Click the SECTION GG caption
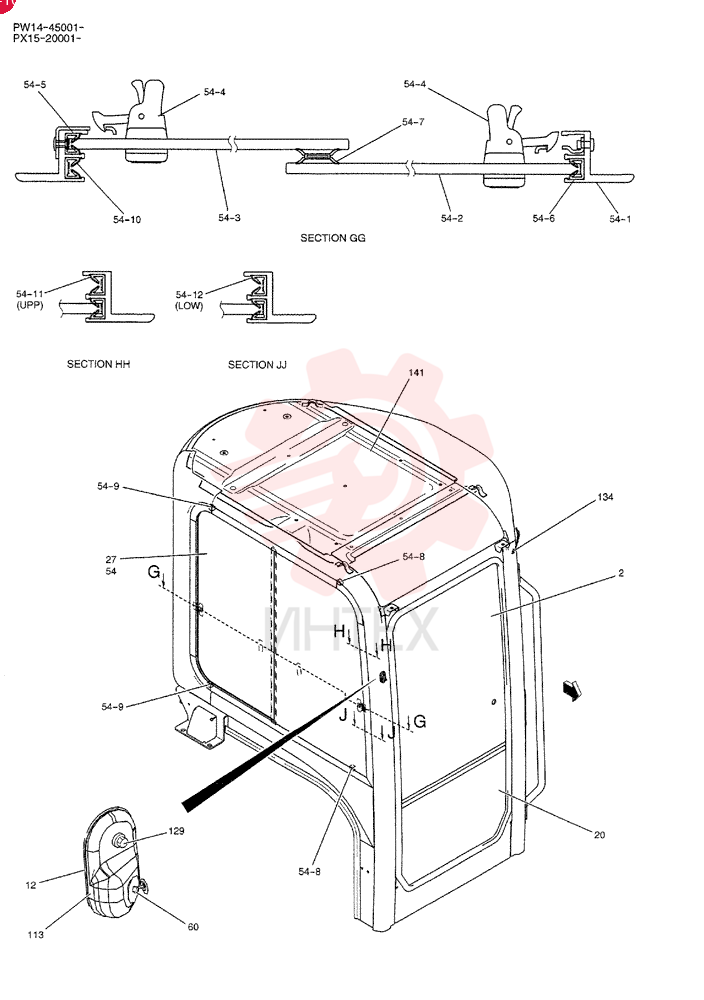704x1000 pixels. (x=333, y=238)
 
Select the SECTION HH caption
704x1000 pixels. (x=98, y=364)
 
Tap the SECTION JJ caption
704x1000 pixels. (x=257, y=365)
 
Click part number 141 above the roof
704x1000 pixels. (x=416, y=372)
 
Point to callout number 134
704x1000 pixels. (x=605, y=497)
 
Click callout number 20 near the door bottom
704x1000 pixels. (x=599, y=835)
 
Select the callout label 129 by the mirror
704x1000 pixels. (x=176, y=831)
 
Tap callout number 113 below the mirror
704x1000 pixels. (x=36, y=935)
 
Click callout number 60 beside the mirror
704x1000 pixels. (x=193, y=927)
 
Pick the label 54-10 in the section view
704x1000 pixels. (x=127, y=220)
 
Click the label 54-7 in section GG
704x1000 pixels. (x=413, y=122)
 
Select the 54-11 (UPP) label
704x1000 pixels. (x=30, y=300)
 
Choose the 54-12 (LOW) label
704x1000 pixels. (x=189, y=300)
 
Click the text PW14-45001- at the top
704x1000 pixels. (x=48, y=28)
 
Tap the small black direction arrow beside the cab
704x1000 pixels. (x=572, y=689)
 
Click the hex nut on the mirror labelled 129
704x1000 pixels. (x=121, y=842)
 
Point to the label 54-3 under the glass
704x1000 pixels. (x=229, y=218)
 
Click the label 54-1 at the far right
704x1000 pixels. (x=620, y=219)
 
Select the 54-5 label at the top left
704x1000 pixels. (x=34, y=85)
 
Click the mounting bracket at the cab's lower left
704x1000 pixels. (x=200, y=726)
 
